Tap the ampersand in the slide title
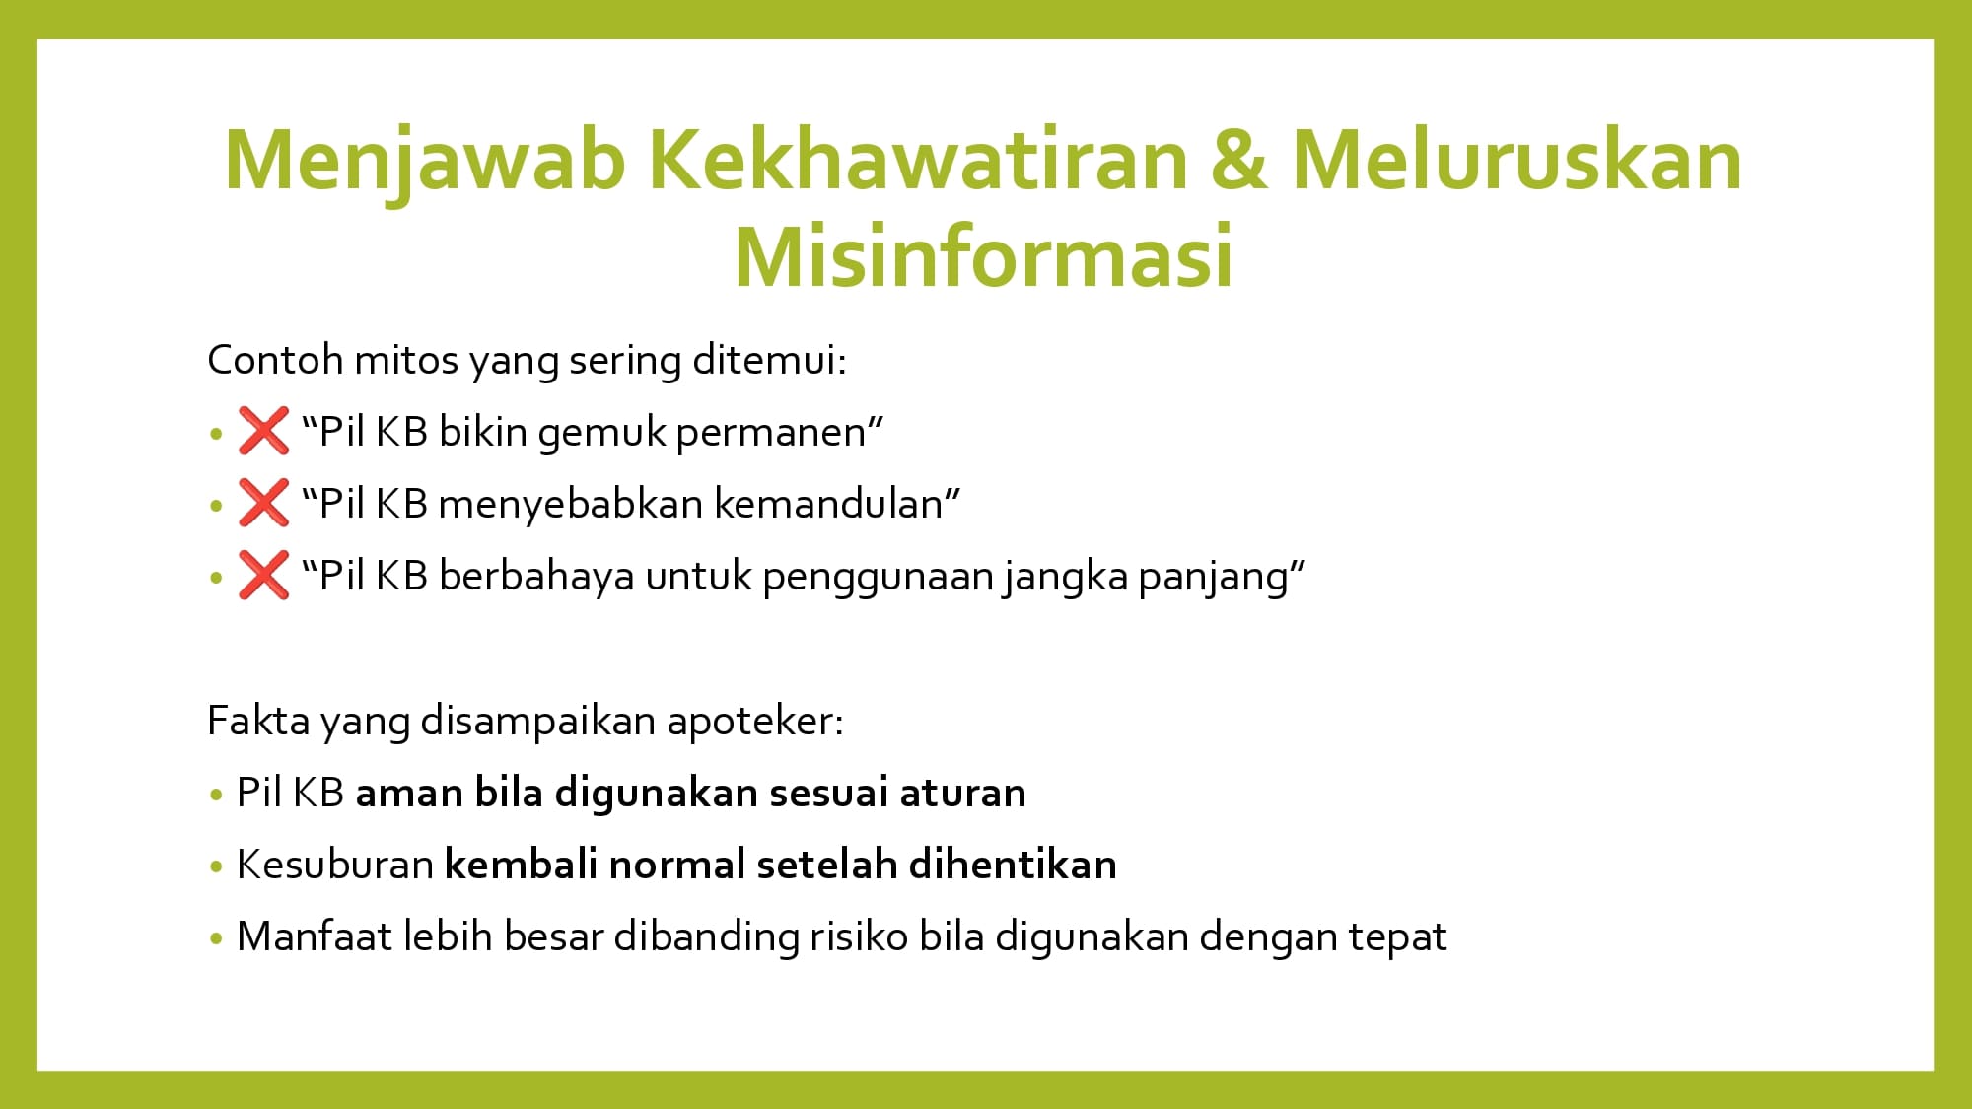(x=1239, y=160)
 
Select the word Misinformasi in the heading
(x=983, y=256)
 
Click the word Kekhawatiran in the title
(x=918, y=160)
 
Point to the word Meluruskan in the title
(x=1516, y=160)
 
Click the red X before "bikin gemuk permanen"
(x=263, y=431)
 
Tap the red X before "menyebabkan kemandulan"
(x=263, y=503)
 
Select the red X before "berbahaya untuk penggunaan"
(x=263, y=575)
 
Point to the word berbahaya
(x=536, y=576)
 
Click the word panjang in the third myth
(x=1215, y=578)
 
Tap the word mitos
(x=406, y=360)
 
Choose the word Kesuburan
(x=335, y=865)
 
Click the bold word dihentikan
(x=1013, y=865)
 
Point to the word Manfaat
(x=315, y=936)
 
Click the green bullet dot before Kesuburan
(x=217, y=866)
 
